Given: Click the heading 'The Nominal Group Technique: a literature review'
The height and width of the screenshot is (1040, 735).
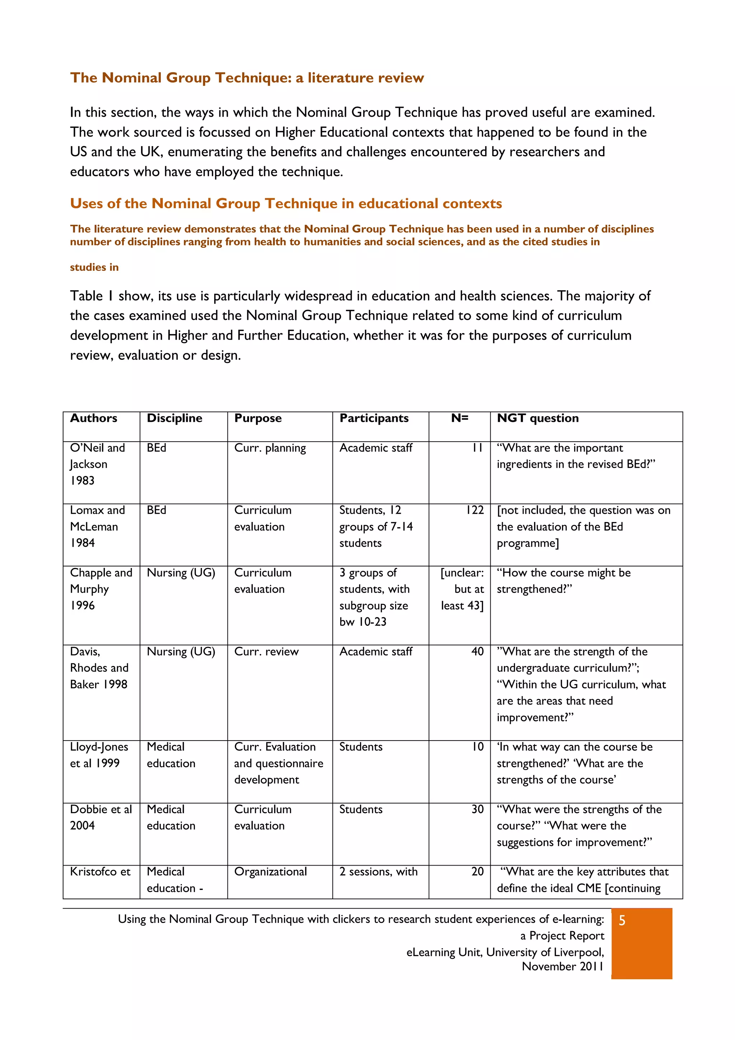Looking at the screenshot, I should pyautogui.click(x=247, y=78).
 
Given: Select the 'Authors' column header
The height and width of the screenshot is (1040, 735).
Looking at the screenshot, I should pyautogui.click(x=93, y=418).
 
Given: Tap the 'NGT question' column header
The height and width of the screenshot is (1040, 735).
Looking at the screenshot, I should pyautogui.click(x=538, y=418).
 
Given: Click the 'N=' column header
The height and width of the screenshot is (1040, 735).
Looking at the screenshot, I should pyautogui.click(x=459, y=418).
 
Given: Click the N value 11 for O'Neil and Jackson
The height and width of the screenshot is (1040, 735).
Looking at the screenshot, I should pyautogui.click(x=477, y=448).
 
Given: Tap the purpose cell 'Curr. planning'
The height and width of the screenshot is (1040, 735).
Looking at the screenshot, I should pyautogui.click(x=270, y=448).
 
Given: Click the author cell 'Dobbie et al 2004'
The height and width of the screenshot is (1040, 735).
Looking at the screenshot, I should pyautogui.click(x=100, y=817).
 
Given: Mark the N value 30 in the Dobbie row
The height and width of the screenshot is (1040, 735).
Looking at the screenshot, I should pyautogui.click(x=477, y=809).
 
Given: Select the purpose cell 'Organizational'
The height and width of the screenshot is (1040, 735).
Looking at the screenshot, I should pyautogui.click(x=270, y=872).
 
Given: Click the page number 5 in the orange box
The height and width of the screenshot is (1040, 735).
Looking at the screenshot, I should pyautogui.click(x=622, y=920).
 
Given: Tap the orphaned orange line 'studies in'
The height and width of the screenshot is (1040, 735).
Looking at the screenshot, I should pyautogui.click(x=94, y=267).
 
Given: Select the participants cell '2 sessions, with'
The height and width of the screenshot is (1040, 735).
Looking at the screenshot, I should pyautogui.click(x=378, y=872).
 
